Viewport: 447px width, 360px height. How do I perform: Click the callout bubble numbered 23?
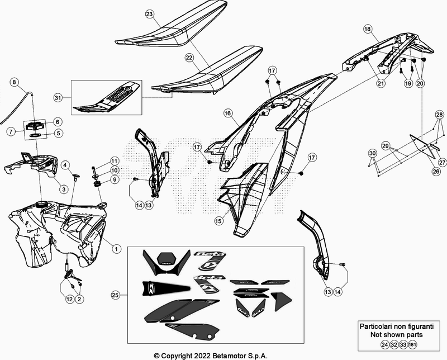pos(149,13)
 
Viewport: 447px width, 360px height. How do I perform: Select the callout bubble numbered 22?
pos(189,58)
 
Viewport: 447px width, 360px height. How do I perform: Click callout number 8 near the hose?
pos(15,82)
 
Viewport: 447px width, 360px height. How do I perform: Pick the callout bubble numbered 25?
pos(116,295)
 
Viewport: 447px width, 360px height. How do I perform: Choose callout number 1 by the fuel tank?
pos(116,247)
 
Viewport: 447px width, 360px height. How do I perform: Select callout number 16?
pos(227,113)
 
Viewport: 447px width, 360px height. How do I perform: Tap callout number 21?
pos(380,83)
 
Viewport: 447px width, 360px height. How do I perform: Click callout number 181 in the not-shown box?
pos(413,345)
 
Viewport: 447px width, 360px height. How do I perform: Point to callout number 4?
pos(65,165)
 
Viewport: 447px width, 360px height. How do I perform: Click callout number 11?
pos(114,161)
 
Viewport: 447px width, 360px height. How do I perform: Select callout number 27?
pos(442,163)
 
